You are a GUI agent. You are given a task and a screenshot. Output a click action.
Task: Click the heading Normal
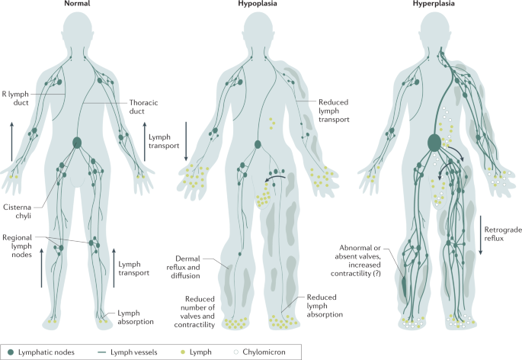pos(77,5)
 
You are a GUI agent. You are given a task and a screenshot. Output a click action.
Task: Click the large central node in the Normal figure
pos(76,143)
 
